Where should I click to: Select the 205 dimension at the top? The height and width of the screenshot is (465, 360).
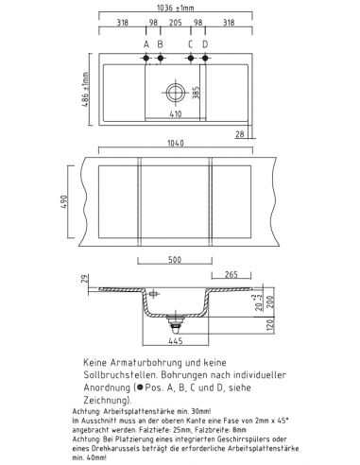[x=173, y=24]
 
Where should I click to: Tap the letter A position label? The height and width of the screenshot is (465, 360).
[x=146, y=43]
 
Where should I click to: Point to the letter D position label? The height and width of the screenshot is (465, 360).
[x=204, y=43]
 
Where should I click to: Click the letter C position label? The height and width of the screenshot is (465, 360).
[x=190, y=43]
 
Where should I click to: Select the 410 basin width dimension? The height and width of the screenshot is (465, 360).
[x=175, y=114]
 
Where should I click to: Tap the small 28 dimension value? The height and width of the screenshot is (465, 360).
[x=242, y=135]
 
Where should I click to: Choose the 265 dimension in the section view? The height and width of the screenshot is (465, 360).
[x=231, y=276]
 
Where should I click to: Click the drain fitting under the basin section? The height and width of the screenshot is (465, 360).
[x=175, y=322]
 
